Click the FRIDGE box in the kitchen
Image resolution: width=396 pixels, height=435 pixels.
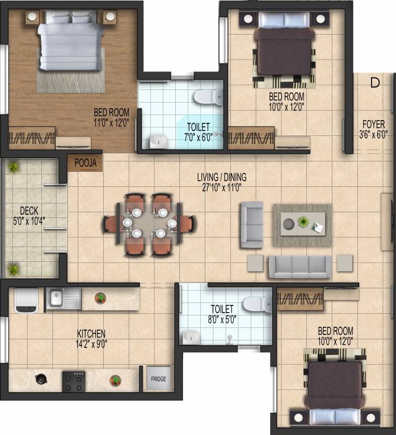click(x=158, y=379)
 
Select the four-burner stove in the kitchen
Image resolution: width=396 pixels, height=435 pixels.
click(x=74, y=381)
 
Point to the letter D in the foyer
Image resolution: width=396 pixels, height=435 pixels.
click(x=374, y=83)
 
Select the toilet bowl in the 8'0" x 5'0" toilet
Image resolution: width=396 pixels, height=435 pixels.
click(x=257, y=303)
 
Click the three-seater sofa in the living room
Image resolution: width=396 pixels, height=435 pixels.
click(x=300, y=266)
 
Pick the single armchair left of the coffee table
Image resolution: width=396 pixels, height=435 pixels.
click(x=251, y=224)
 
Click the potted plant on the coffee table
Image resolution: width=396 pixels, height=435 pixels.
click(x=304, y=221)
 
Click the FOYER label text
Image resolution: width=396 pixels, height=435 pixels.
click(x=374, y=123)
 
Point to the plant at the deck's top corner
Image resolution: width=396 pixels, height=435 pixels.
click(x=12, y=167)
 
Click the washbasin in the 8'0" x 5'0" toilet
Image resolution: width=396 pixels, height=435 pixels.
click(x=191, y=336)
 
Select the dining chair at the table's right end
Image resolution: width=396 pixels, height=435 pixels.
click(x=187, y=223)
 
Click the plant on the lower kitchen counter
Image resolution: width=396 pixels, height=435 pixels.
click(x=116, y=380)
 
